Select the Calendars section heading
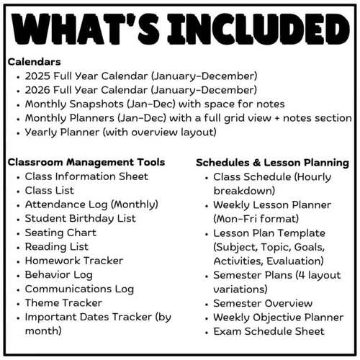coord(34,62)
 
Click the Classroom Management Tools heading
coord(86,163)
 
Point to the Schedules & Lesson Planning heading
coord(272,163)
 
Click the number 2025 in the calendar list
coord(40,76)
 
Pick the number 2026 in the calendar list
coord(40,90)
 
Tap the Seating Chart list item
coord(60,233)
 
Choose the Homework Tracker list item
coord(73,261)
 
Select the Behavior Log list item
coord(58,275)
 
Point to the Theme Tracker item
coord(63,303)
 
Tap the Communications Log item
coord(79,289)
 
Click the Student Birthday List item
coord(80,219)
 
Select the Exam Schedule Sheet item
coord(269,332)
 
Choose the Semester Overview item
coord(263,303)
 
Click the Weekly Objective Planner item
coord(278,318)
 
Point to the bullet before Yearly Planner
coord(17,133)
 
